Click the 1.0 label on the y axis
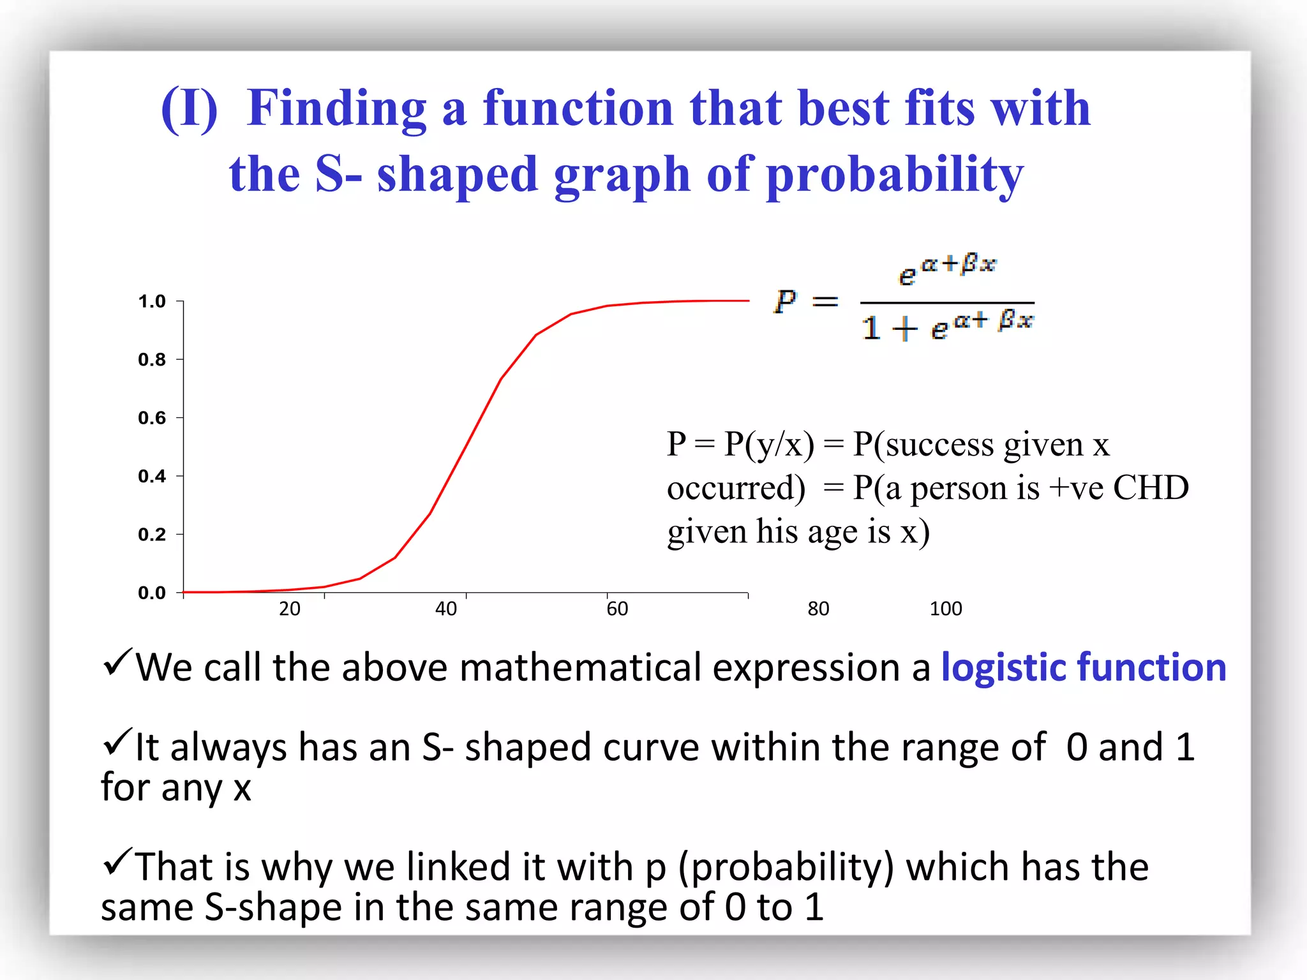152,301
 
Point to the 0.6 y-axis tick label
152,418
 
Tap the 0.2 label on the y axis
152,535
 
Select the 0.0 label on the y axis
152,593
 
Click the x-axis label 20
290,609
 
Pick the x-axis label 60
617,609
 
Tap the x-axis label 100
946,609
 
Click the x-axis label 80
819,609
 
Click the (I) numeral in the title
190,108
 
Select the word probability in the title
895,175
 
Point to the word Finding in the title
336,108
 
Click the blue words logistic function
1084,667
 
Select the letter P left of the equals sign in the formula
786,301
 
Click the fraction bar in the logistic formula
947,302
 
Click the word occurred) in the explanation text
736,488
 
